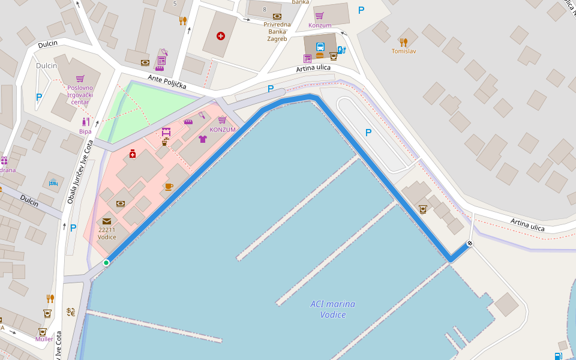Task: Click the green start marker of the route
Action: point(106,262)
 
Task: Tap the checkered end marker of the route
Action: point(470,243)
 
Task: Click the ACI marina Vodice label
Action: point(332,309)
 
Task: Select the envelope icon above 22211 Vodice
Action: point(107,221)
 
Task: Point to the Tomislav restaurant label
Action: point(404,51)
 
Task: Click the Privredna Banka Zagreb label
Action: point(277,31)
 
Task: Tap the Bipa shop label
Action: point(85,131)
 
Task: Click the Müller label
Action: point(44,339)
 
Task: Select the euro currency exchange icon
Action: point(71,311)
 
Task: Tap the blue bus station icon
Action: point(320,47)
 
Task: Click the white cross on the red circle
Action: point(221,36)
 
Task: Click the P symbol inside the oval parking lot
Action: point(368,133)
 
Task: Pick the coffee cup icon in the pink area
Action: point(169,187)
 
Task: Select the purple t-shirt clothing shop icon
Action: point(202,139)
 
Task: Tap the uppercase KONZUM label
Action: point(223,130)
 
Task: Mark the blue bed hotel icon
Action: point(53,182)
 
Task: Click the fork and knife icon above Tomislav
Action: point(404,42)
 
